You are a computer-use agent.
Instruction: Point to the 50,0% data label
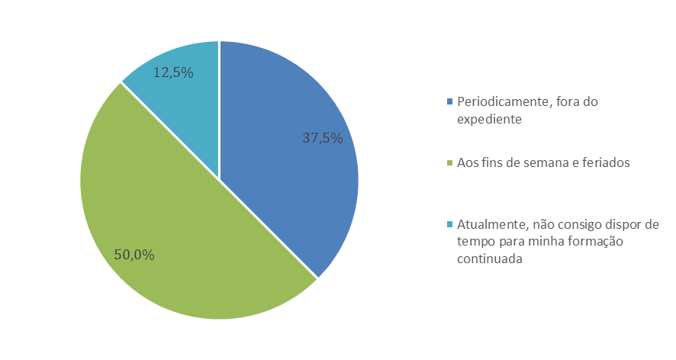coord(134,255)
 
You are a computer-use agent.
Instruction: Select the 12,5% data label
coord(173,73)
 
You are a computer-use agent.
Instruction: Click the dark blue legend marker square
coord(450,101)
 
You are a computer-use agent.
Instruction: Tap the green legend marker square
coord(450,162)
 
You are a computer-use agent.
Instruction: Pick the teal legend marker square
coord(450,223)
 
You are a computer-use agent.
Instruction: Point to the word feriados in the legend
coord(607,162)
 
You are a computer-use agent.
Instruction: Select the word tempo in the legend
coord(474,242)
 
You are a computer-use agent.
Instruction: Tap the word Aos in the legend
coord(466,162)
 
